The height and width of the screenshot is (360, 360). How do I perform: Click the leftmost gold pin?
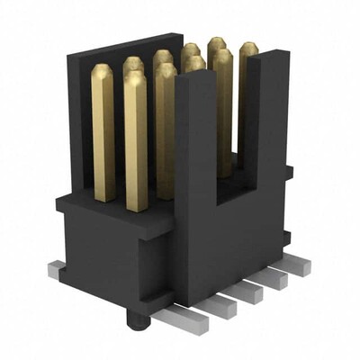point(103,126)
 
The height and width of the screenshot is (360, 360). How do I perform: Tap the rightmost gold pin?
point(247,99)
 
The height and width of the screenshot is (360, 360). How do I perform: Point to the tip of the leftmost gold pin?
point(103,69)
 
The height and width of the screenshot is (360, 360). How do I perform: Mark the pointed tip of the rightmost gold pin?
point(247,46)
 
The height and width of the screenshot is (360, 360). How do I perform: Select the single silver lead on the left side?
point(56,267)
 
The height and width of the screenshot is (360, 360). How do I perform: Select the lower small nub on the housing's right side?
point(286,238)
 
